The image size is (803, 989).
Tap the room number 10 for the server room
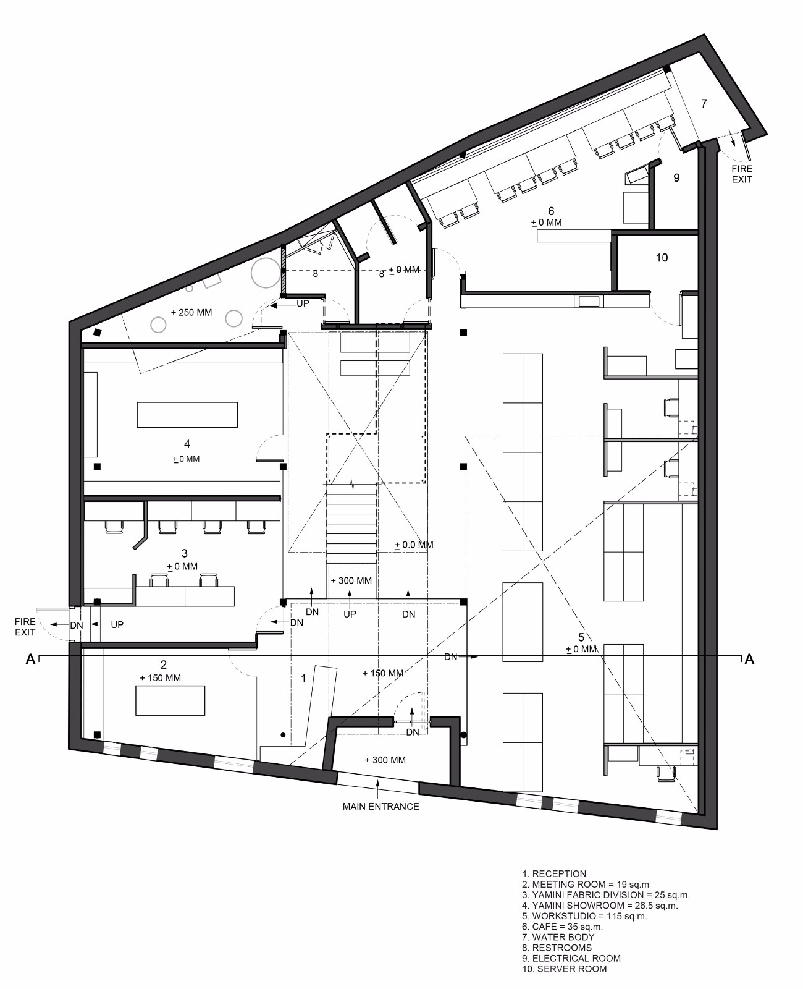(x=662, y=258)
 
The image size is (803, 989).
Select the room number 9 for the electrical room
(x=676, y=177)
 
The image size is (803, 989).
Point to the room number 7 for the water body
(x=704, y=103)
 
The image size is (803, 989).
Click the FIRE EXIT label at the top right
(x=742, y=174)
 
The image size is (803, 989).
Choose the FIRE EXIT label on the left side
(x=25, y=627)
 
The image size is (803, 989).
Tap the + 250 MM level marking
(x=191, y=313)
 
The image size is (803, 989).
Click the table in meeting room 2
(x=170, y=700)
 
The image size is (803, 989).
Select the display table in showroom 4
(x=187, y=415)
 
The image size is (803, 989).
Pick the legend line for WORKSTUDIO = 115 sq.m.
(x=584, y=916)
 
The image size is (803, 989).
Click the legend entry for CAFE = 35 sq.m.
(x=562, y=927)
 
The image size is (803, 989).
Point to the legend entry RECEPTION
(x=554, y=873)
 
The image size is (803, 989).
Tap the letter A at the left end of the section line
(x=31, y=659)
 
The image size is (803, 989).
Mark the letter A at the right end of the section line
(x=749, y=659)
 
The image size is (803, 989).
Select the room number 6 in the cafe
(x=550, y=211)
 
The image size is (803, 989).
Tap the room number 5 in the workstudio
(x=581, y=637)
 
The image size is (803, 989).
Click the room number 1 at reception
(x=303, y=678)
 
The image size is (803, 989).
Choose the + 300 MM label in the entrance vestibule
(x=385, y=760)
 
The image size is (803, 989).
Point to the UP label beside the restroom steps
(x=303, y=303)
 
